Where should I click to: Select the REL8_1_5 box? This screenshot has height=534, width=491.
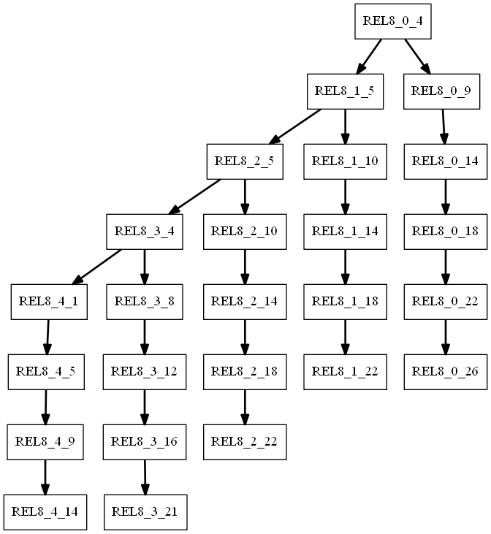346,91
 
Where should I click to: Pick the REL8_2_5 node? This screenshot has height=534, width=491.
245,161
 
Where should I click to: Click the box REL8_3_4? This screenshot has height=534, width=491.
144,232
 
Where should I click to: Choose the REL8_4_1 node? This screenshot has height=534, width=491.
49,302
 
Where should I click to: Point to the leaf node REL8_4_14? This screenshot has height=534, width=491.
45,512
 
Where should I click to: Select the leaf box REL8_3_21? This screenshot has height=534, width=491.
145,512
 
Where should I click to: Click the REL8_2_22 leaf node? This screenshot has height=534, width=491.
245,442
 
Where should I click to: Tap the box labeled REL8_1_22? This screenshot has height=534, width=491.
345,372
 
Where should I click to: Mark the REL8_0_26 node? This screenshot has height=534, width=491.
445,372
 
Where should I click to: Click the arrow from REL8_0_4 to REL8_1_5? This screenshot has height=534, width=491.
369,56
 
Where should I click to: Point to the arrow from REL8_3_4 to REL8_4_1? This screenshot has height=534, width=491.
98,267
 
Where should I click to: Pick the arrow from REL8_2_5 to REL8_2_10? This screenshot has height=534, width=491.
245,197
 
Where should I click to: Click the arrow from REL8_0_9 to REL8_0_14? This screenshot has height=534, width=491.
443,126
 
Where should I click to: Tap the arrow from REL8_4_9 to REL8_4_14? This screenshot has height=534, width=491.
45,477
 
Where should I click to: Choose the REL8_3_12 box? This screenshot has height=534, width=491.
144,372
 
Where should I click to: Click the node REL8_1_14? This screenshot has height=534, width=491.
345,232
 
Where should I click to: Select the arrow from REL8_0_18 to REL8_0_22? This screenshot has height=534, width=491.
445,267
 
